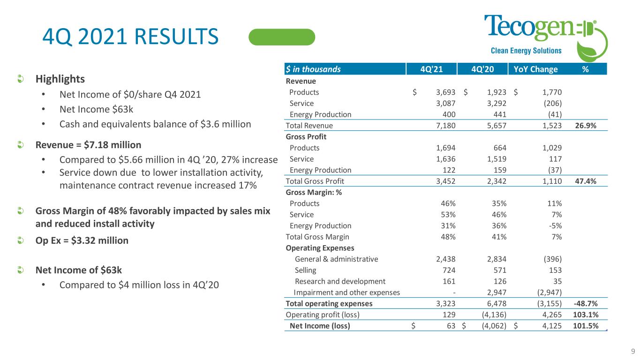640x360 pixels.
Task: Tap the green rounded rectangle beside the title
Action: pyautogui.click(x=281, y=37)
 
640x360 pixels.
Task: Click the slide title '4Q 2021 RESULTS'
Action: pyautogui.click(x=129, y=37)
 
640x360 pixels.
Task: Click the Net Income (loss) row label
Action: pyautogui.click(x=320, y=325)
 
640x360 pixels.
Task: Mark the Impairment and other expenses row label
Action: pyautogui.click(x=346, y=292)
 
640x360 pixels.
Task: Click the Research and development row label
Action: pyautogui.click(x=340, y=281)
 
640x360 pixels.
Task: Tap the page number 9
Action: pyautogui.click(x=632, y=351)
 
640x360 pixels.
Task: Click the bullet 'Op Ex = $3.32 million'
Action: pyautogui.click(x=82, y=240)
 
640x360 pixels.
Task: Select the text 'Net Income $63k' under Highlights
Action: pyautogui.click(x=91, y=110)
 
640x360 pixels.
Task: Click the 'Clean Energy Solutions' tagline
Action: pyautogui.click(x=526, y=51)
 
